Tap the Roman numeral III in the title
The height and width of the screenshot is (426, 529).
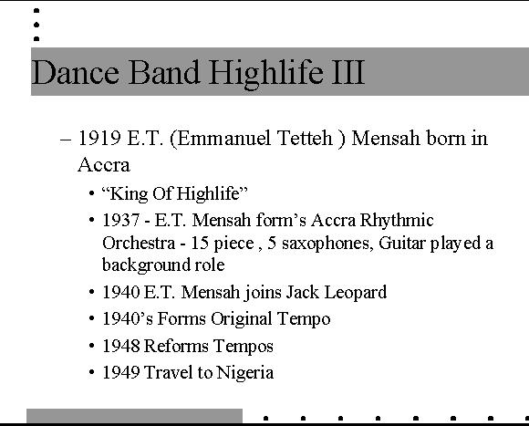pos(348,72)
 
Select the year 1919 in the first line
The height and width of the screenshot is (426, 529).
pos(99,139)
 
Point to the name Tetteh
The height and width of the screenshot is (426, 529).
pos(305,139)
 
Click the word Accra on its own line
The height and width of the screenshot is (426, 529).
pos(104,165)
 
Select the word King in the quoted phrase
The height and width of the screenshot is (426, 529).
pos(129,194)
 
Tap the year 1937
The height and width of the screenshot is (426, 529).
pos(120,221)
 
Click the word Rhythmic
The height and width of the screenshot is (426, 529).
pos(397,221)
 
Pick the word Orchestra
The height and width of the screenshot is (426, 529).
pos(139,244)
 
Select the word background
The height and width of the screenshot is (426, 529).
pos(146,265)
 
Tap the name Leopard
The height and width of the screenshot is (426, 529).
pos(356,293)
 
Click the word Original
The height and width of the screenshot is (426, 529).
pos(242,319)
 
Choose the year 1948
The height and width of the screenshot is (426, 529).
pos(121,346)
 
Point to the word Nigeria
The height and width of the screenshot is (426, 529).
pos(245,373)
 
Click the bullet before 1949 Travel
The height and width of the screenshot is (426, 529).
pos(92,373)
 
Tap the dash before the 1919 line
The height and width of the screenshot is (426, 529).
pos(66,140)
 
